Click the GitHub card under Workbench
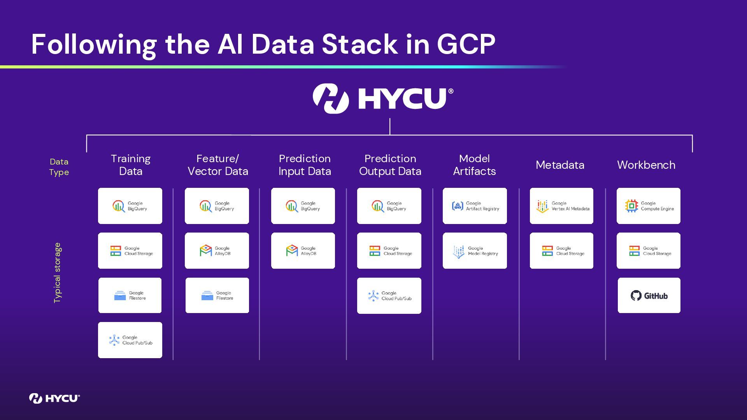pyautogui.click(x=649, y=296)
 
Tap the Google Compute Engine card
pyautogui.click(x=649, y=206)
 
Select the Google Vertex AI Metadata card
pyautogui.click(x=561, y=206)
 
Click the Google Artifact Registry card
pyautogui.click(x=475, y=206)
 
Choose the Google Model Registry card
pyautogui.click(x=475, y=251)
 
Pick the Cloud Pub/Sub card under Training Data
pyautogui.click(x=130, y=340)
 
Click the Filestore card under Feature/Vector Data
pyautogui.click(x=217, y=296)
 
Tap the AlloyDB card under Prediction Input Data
pyautogui.click(x=303, y=251)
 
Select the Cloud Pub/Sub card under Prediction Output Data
pyautogui.click(x=389, y=296)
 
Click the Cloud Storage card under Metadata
pyautogui.click(x=561, y=251)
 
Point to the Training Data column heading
pyautogui.click(x=131, y=165)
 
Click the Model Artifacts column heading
pyautogui.click(x=474, y=165)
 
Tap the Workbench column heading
pyautogui.click(x=646, y=165)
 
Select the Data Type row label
pyautogui.click(x=59, y=167)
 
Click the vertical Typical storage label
pyautogui.click(x=58, y=273)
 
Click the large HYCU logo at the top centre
pyautogui.click(x=383, y=98)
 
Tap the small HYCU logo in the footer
pyautogui.click(x=54, y=398)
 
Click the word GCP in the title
pyautogui.click(x=466, y=44)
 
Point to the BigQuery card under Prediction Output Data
pyautogui.click(x=389, y=206)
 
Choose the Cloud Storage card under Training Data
pyautogui.click(x=130, y=251)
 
